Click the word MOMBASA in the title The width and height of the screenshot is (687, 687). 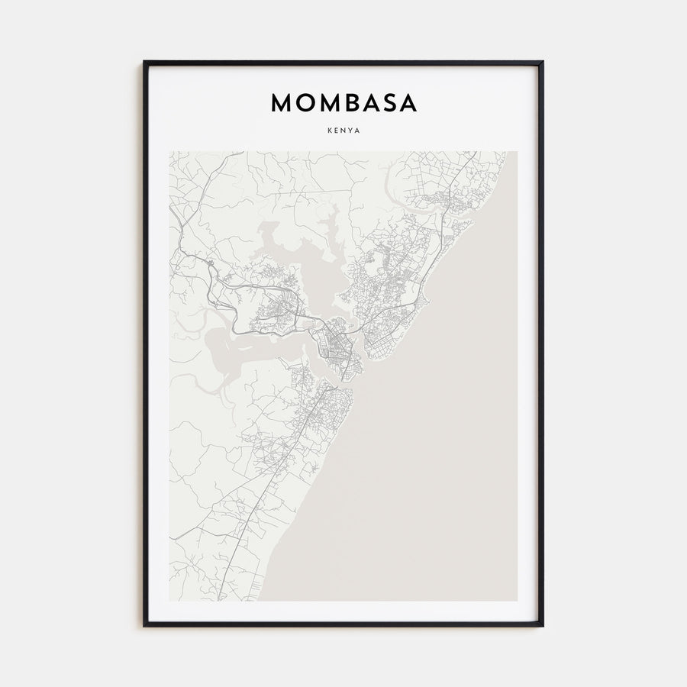[x=343, y=104]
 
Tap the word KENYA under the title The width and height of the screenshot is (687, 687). [x=343, y=131]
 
